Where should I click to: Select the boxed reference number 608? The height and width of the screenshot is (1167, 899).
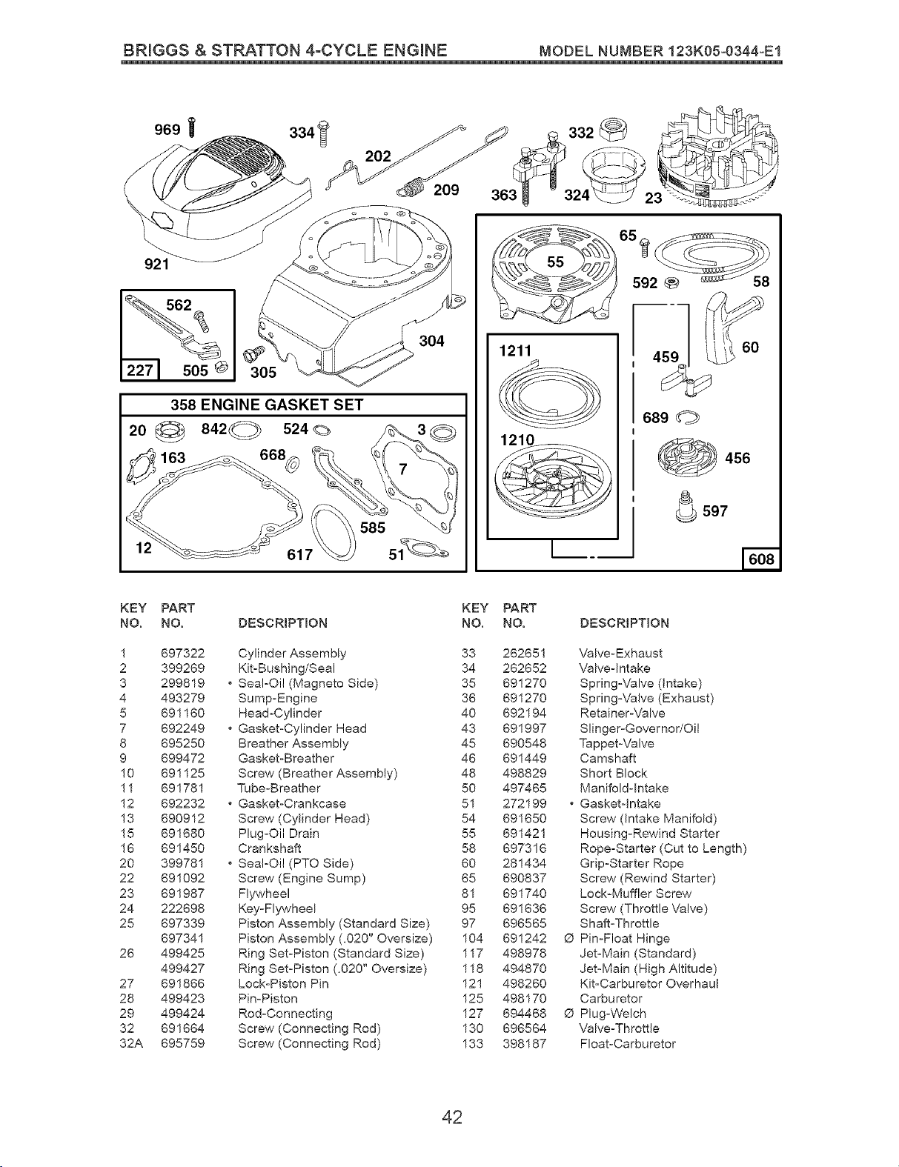761,559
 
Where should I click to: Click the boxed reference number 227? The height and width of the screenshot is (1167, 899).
139,370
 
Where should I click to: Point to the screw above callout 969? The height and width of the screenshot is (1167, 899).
192,126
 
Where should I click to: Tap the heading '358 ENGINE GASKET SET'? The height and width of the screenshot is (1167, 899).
267,405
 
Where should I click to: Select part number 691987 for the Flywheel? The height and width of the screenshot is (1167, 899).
182,894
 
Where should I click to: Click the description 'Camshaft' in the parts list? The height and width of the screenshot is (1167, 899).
608,758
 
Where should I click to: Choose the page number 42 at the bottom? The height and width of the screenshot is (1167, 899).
451,1117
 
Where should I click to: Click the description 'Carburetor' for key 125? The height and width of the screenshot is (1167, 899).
611,998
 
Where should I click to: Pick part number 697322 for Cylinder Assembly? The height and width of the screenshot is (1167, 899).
182,653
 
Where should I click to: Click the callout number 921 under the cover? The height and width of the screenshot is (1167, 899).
157,264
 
